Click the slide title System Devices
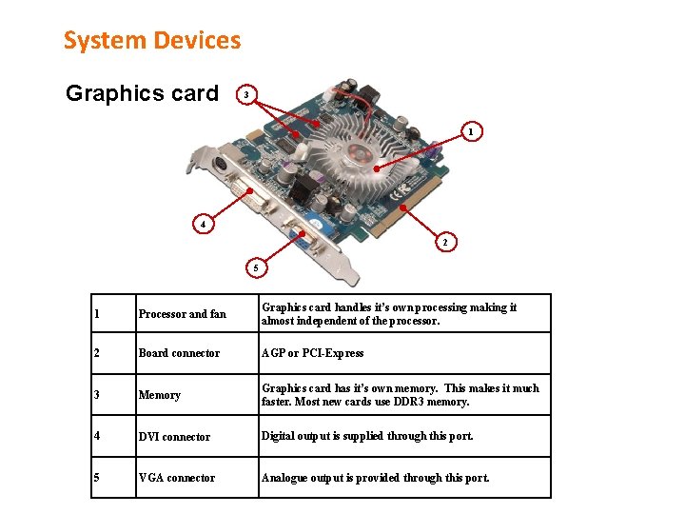tap(152, 40)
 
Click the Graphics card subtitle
tap(142, 93)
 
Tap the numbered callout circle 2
tap(444, 242)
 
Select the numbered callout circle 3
tap(246, 95)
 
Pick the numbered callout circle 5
tap(255, 267)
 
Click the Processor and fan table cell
tap(183, 314)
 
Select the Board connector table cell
tap(179, 353)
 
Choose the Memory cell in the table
tap(159, 395)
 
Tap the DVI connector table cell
tap(174, 437)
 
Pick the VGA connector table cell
tap(177, 478)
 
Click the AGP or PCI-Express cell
tap(312, 353)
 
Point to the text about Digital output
tap(366, 436)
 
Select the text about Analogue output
tap(375, 478)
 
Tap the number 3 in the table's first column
tap(97, 395)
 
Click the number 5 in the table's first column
tap(97, 478)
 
